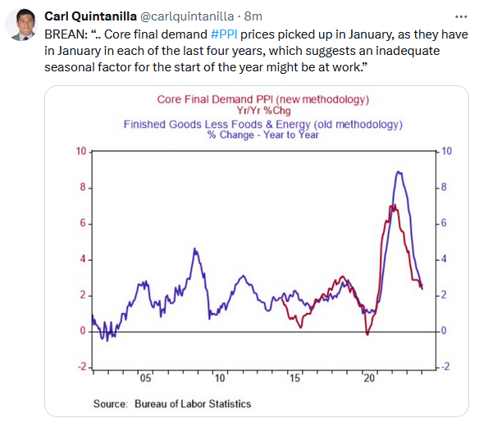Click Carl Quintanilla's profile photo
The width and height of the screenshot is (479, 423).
pyautogui.click(x=21, y=25)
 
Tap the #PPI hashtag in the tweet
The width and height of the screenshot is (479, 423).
pyautogui.click(x=224, y=34)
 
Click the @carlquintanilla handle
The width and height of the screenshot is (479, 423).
pyautogui.click(x=187, y=16)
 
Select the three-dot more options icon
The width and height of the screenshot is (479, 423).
pyautogui.click(x=461, y=16)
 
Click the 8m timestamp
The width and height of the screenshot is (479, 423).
pyautogui.click(x=253, y=16)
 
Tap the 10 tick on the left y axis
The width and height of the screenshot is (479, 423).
pyautogui.click(x=81, y=151)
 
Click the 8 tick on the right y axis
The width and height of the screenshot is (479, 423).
pyautogui.click(x=444, y=187)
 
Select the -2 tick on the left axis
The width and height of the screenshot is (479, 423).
pyautogui.click(x=82, y=366)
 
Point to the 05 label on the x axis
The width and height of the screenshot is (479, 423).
pyautogui.click(x=145, y=379)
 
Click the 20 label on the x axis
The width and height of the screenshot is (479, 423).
pyautogui.click(x=369, y=379)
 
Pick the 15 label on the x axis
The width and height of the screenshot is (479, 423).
pyautogui.click(x=294, y=379)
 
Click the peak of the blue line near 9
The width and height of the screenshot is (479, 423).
pyautogui.click(x=399, y=172)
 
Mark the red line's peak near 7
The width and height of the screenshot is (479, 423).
pyautogui.click(x=395, y=206)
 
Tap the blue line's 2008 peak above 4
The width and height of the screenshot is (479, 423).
pyautogui.click(x=194, y=249)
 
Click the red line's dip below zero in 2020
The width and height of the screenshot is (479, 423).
pyautogui.click(x=367, y=334)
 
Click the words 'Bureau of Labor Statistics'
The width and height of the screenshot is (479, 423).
pyautogui.click(x=193, y=404)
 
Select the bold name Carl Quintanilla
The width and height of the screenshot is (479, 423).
pyautogui.click(x=90, y=16)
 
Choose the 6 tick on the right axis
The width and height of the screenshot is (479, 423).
pyautogui.click(x=444, y=223)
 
